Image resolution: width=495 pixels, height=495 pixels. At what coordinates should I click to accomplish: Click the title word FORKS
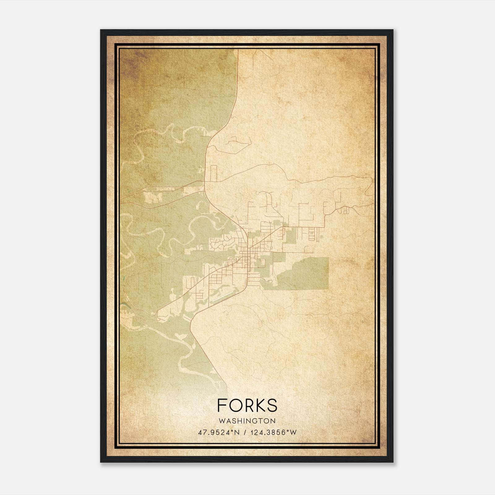pyautogui.click(x=247, y=405)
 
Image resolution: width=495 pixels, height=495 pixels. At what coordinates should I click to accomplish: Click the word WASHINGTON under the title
pyautogui.click(x=247, y=421)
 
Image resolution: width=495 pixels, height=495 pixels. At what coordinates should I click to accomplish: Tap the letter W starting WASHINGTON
pyautogui.click(x=221, y=421)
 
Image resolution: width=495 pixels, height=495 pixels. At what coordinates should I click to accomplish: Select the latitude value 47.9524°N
pyautogui.click(x=219, y=432)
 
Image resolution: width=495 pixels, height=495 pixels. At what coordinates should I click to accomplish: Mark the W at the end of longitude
pyautogui.click(x=293, y=432)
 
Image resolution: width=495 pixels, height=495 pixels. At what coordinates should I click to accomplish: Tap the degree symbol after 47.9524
pyautogui.click(x=233, y=430)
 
